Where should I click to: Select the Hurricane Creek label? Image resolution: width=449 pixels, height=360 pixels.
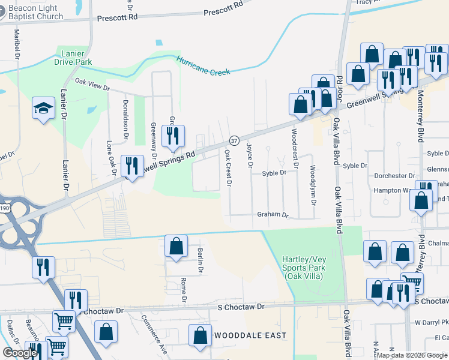tap(203, 65)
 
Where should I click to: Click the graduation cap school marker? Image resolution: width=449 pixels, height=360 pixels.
tap(43, 109)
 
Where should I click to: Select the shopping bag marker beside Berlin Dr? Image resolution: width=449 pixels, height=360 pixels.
tap(175, 247)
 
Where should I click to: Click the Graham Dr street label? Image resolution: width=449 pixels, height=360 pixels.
tap(273, 214)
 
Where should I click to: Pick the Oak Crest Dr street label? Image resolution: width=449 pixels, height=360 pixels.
tap(228, 167)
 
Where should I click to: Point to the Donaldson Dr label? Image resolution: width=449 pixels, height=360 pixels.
tap(126, 119)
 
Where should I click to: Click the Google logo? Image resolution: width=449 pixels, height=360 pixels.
tap(20, 353)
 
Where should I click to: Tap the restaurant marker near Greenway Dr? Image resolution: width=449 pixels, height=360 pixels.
tap(174, 135)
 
